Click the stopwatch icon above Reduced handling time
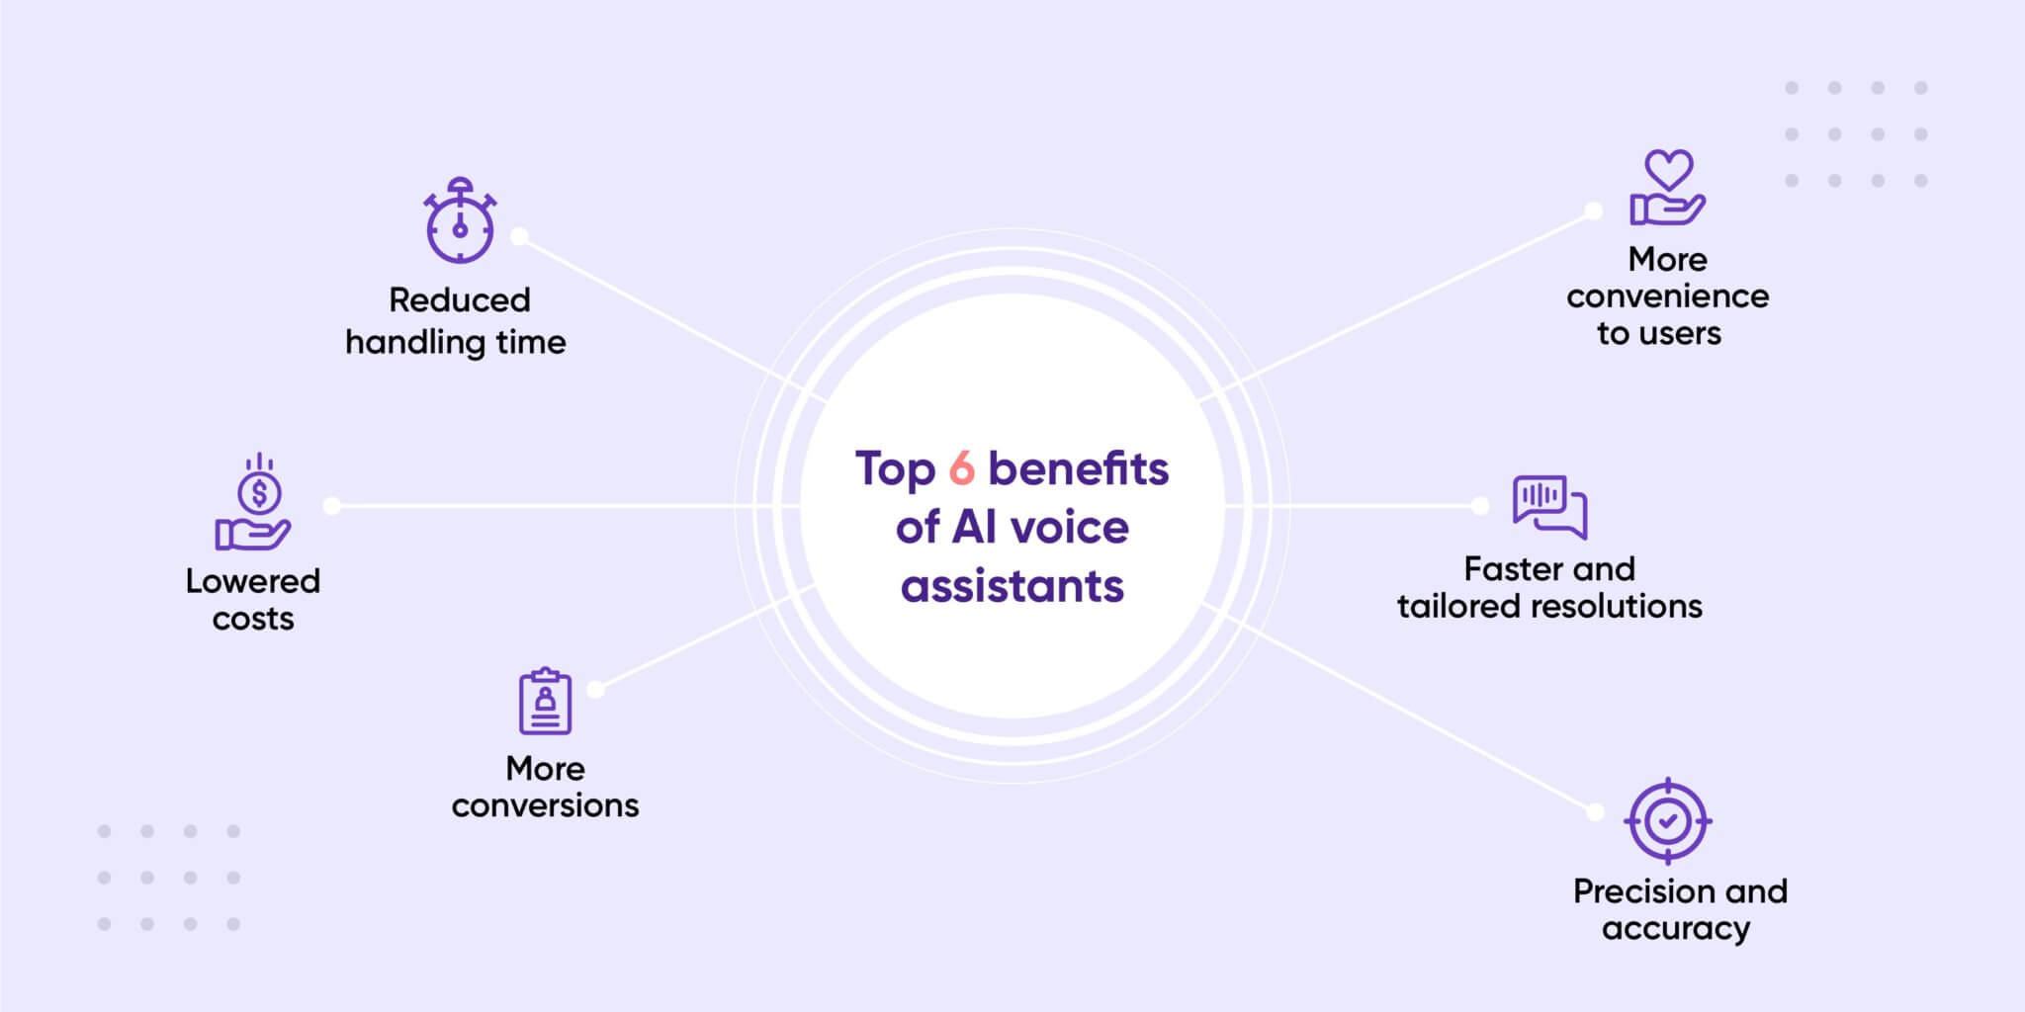[460, 221]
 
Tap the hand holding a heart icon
[1667, 188]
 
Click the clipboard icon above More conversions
[545, 701]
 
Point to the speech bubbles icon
[1549, 506]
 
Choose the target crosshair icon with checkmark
[1668, 821]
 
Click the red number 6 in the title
[961, 468]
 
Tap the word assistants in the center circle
[1012, 586]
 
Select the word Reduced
[460, 299]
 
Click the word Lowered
[253, 581]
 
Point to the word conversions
[545, 805]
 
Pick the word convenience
[1667, 296]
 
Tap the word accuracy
[1676, 929]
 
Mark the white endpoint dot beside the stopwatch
[519, 237]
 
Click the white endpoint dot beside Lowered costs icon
[332, 506]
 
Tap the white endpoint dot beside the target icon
[1595, 812]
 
